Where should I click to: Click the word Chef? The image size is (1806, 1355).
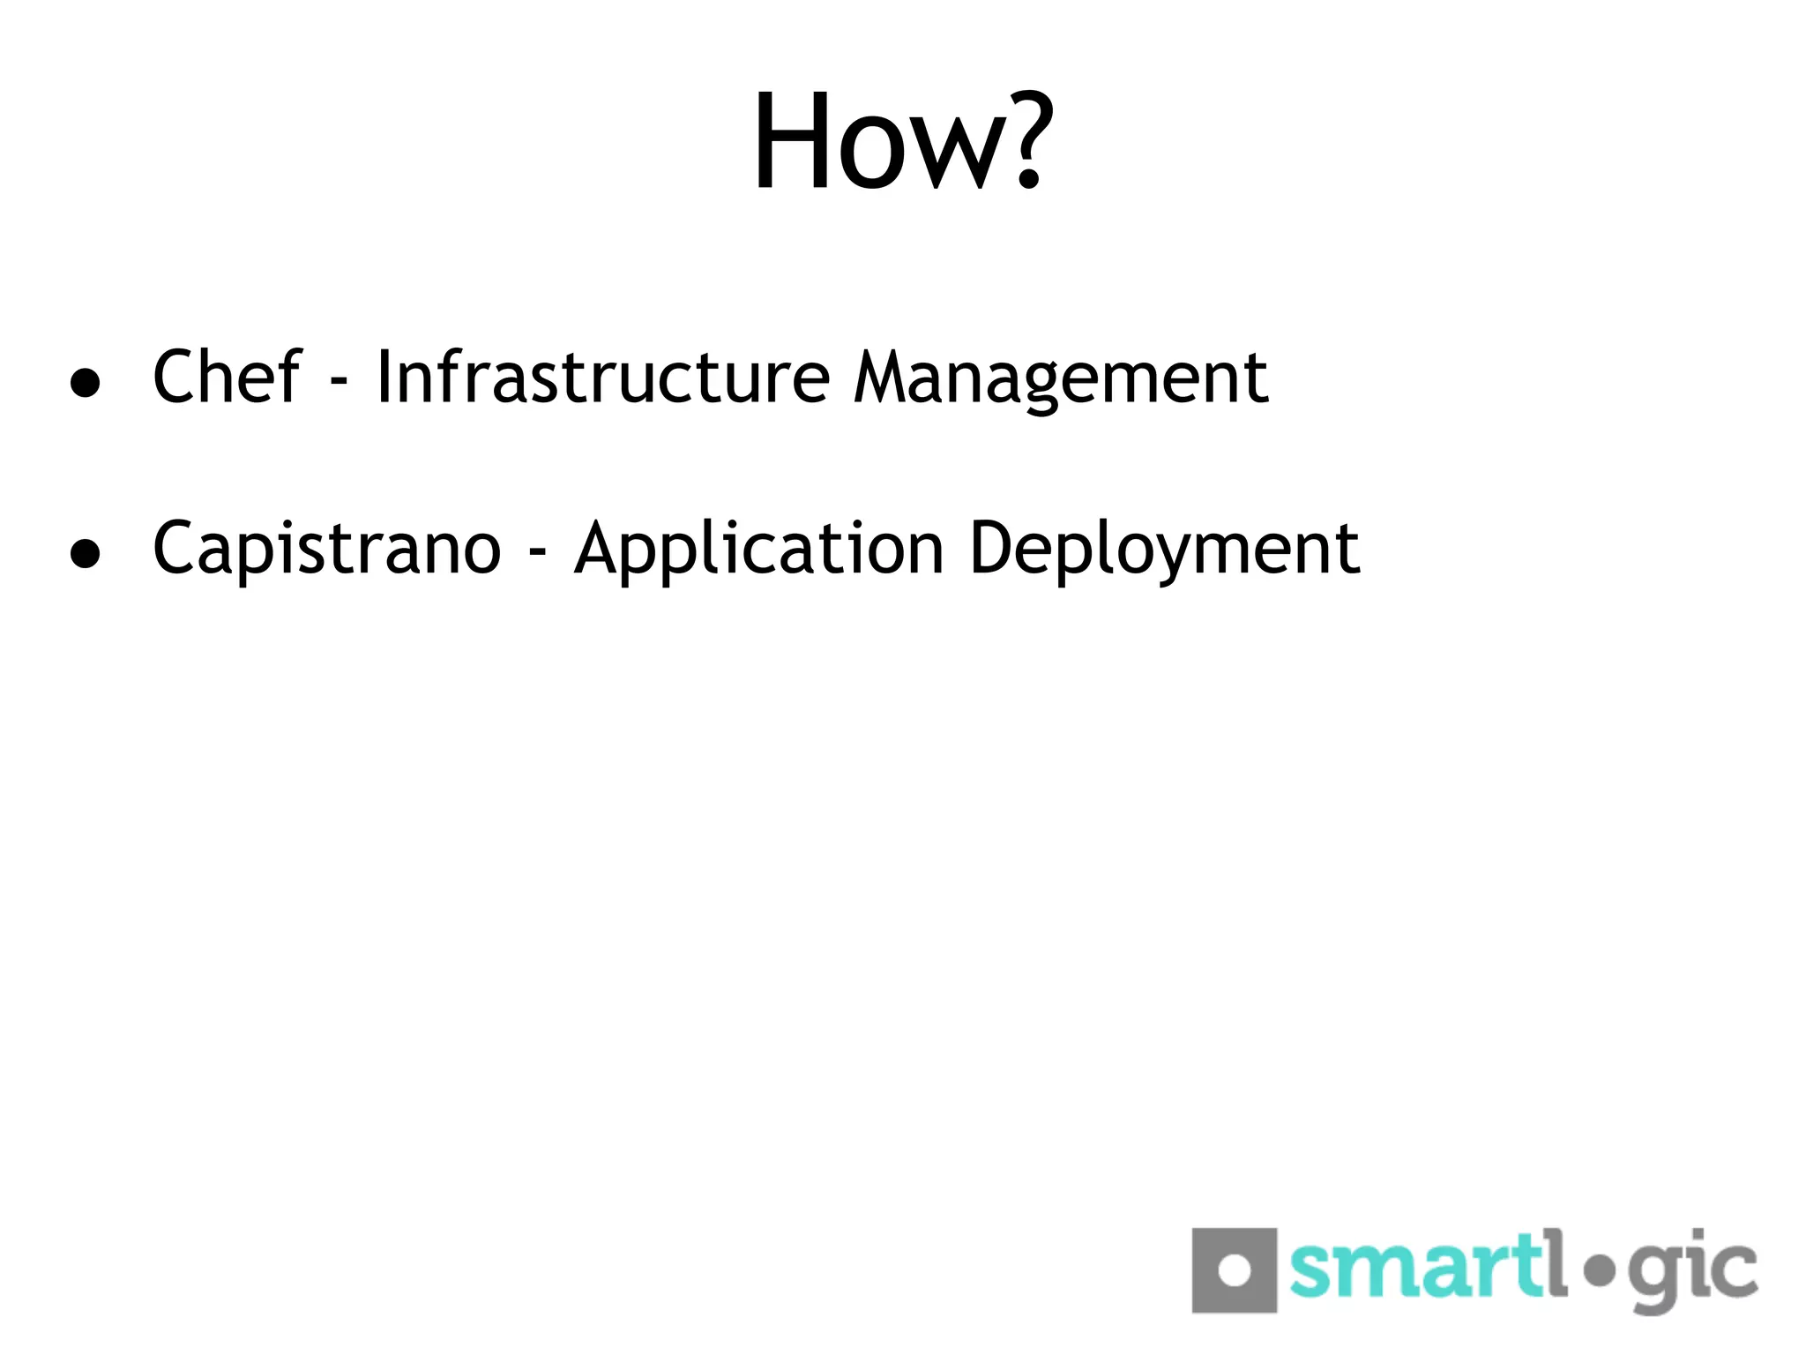pos(227,377)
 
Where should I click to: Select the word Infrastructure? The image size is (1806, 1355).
pos(602,377)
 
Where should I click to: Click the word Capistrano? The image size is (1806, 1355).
pos(326,550)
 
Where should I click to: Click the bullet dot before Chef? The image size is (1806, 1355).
pos(85,383)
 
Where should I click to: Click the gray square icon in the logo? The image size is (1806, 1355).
pos(1234,1269)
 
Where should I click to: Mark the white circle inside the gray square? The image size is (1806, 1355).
pos(1235,1270)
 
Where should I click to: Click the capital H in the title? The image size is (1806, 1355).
pos(791,141)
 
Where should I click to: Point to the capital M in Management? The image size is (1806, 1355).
pos(886,377)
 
